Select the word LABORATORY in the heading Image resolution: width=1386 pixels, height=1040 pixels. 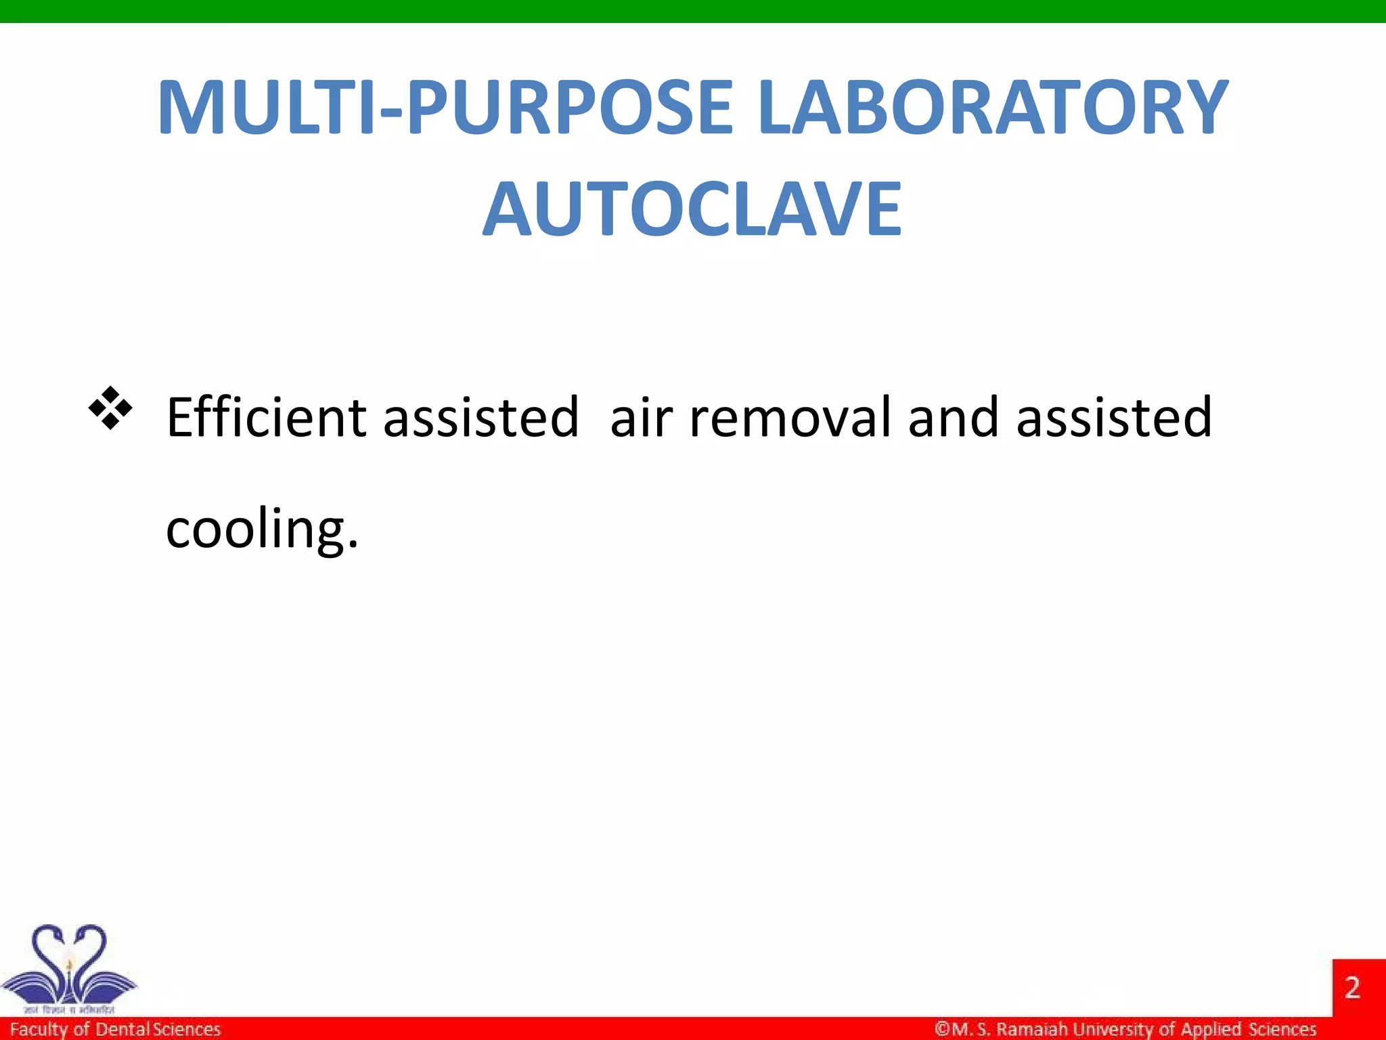coord(992,108)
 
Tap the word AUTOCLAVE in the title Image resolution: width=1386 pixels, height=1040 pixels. coord(692,209)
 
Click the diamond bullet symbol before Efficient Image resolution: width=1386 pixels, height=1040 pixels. coord(110,408)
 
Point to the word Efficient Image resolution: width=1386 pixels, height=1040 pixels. coord(266,417)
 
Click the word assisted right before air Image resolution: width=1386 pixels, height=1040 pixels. coord(480,417)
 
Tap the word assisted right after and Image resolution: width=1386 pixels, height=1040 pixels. coord(1114,417)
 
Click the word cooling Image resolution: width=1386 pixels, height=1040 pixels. coord(261,529)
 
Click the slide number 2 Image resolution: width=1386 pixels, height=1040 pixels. coord(1352,988)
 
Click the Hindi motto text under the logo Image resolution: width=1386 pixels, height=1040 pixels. coord(68,1010)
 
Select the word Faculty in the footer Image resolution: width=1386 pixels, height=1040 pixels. coord(39,1030)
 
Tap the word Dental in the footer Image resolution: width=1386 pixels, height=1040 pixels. coord(122,1029)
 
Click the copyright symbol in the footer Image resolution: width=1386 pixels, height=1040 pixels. coord(942,1029)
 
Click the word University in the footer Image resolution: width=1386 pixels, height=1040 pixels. coord(1113,1029)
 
